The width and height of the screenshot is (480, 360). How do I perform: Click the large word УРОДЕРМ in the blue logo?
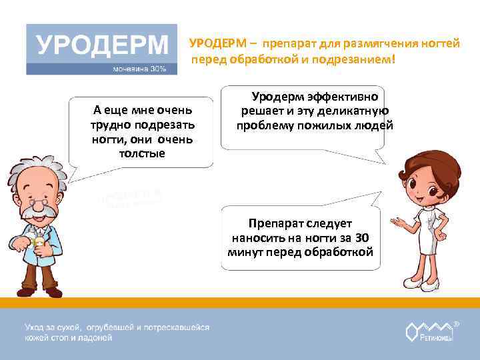101,45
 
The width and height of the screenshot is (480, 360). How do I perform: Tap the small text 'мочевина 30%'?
139,69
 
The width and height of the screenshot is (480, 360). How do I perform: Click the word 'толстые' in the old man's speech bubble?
141,153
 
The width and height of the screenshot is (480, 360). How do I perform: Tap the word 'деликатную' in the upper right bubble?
357,111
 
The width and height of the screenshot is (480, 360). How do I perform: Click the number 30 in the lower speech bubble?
361,237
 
